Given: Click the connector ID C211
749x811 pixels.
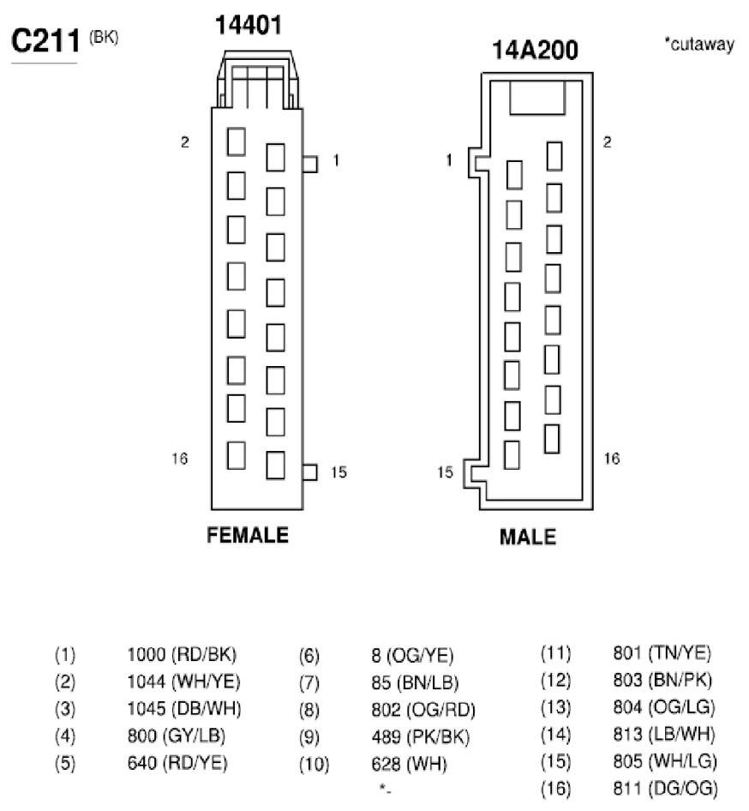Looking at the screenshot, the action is click(x=45, y=41).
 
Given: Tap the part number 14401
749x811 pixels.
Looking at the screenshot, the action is click(x=249, y=26).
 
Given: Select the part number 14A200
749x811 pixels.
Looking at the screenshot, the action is click(x=535, y=51).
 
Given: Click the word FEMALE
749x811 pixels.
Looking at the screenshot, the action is click(x=248, y=535).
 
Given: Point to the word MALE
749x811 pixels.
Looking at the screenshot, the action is click(x=528, y=537).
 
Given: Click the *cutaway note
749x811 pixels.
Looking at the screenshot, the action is click(x=699, y=44).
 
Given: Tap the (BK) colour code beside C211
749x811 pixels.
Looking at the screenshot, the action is click(x=104, y=38).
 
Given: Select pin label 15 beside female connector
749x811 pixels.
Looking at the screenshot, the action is click(x=339, y=472).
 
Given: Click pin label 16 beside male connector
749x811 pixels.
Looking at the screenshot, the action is click(x=612, y=459).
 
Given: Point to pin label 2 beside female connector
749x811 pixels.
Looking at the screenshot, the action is click(x=185, y=141).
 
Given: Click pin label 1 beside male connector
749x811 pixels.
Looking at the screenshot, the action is click(x=449, y=160).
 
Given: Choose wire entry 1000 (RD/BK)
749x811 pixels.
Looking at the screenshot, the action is click(x=182, y=655).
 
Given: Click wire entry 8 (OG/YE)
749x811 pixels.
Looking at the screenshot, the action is click(x=412, y=656).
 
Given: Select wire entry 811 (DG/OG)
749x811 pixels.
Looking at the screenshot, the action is click(x=666, y=789).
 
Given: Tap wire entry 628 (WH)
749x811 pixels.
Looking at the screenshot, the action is click(x=410, y=764).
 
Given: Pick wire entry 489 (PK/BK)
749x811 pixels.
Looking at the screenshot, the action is click(x=421, y=737).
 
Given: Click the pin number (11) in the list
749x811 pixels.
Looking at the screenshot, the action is click(x=555, y=653).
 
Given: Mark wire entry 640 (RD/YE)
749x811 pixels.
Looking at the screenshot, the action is click(x=177, y=763).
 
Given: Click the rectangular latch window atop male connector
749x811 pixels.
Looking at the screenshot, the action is click(x=537, y=98).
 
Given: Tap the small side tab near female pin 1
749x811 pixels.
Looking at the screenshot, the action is click(x=310, y=164).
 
